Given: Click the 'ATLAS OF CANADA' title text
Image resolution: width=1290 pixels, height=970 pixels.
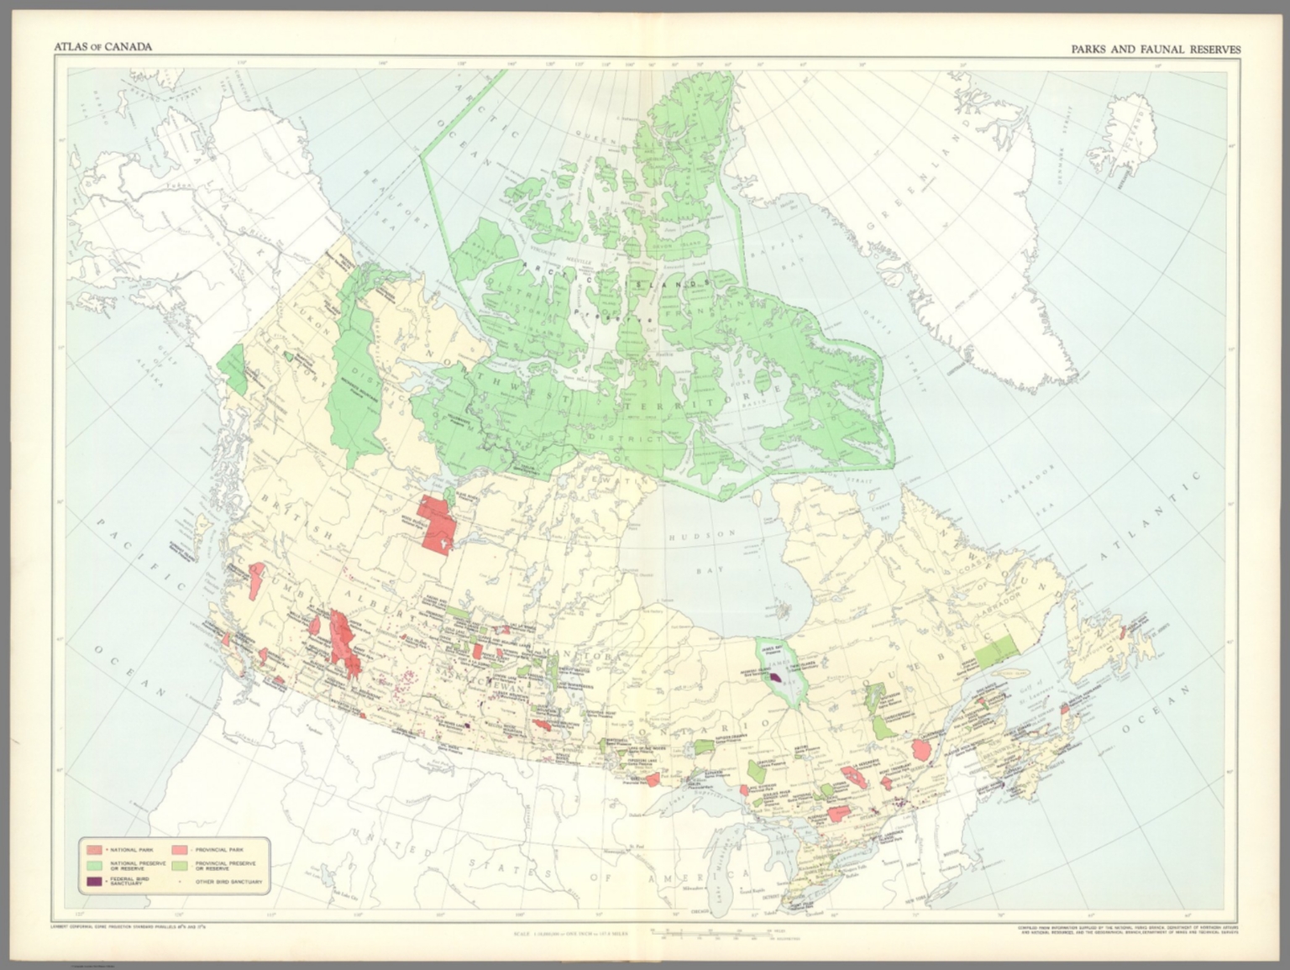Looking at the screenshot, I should pyautogui.click(x=102, y=47).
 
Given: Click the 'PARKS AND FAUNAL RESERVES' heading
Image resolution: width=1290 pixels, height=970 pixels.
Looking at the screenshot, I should pyautogui.click(x=1155, y=50).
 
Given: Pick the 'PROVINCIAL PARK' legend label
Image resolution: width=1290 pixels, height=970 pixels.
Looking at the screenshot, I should pyautogui.click(x=218, y=850).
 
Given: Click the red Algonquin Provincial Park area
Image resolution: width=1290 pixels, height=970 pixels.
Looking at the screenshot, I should pyautogui.click(x=837, y=813).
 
